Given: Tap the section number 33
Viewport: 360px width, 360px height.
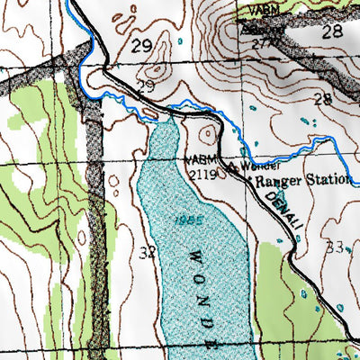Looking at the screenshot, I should (x=336, y=247).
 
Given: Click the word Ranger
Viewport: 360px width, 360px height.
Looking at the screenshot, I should (x=274, y=180).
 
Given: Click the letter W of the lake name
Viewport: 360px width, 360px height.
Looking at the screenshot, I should (x=192, y=256).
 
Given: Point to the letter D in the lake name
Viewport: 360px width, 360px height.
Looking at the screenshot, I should (x=209, y=322).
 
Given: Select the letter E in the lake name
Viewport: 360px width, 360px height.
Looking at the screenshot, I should (x=213, y=343).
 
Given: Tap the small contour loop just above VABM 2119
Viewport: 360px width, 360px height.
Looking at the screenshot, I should (x=209, y=135).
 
